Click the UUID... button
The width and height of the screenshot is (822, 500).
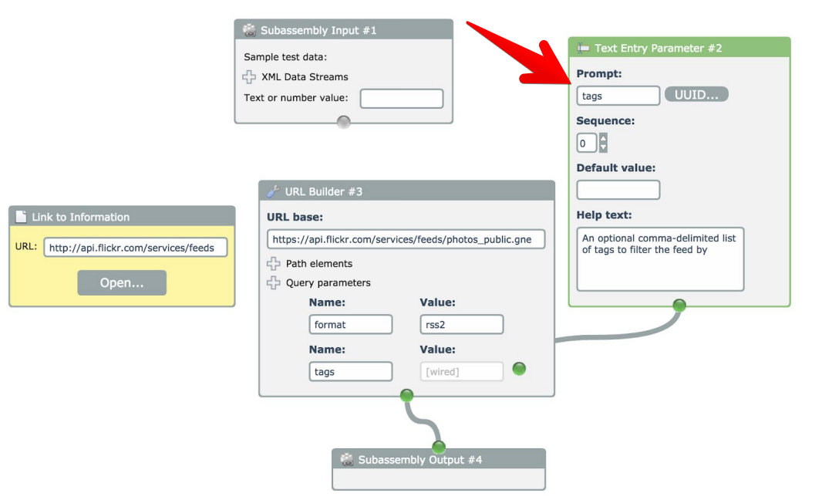pos(696,95)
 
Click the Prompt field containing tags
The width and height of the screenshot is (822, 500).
pos(618,96)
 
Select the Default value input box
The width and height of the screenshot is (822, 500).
pos(618,190)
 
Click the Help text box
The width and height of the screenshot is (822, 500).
pos(660,259)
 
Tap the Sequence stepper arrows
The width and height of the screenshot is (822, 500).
pos(603,143)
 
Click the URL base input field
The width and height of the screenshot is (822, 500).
pos(406,238)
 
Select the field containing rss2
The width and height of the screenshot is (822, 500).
pos(462,324)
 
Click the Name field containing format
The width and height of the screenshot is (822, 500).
pos(351,324)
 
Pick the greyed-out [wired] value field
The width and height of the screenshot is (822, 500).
pos(462,371)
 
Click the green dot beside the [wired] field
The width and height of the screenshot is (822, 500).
pos(519,369)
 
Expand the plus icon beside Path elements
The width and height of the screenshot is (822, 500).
pos(273,263)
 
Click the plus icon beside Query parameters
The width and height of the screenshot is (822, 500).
pos(273,282)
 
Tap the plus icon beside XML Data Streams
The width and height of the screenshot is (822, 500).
pos(249,77)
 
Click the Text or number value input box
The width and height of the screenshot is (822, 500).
pos(402,99)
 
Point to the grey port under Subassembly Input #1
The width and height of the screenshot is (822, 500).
pos(344,122)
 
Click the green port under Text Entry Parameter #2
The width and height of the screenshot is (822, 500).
pos(679,306)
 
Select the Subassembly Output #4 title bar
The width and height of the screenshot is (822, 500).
pos(438,460)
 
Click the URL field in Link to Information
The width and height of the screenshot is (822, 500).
pos(136,248)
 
